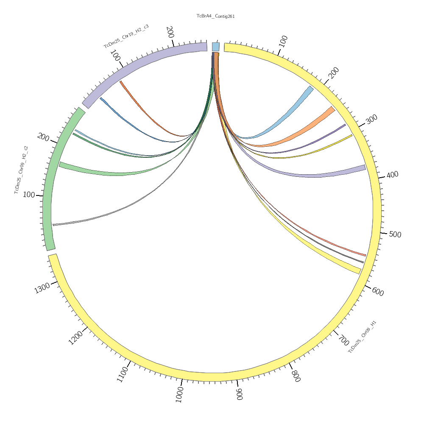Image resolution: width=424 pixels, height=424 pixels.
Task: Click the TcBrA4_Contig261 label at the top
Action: pyautogui.click(x=215, y=16)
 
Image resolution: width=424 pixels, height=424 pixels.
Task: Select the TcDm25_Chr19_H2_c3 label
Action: pyautogui.click(x=126, y=36)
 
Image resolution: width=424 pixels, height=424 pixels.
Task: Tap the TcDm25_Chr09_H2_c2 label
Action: pyautogui.click(x=21, y=170)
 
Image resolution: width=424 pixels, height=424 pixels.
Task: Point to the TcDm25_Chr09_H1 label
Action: pyautogui.click(x=362, y=337)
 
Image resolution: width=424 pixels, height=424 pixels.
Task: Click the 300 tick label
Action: pyautogui.click(x=371, y=119)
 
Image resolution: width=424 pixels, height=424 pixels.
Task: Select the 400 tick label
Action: pyautogui.click(x=393, y=174)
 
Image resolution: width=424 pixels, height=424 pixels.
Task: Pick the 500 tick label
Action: pyautogui.click(x=395, y=234)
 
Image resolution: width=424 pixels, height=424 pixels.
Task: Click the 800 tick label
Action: pyautogui.click(x=296, y=376)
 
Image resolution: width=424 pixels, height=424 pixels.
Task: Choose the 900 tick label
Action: pyautogui.click(x=239, y=394)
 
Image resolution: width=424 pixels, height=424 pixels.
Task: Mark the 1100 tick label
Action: pyautogui.click(x=122, y=374)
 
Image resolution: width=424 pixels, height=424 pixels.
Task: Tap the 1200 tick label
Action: pyautogui.click(x=76, y=338)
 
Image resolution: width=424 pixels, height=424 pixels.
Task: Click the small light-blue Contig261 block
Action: pyautogui.click(x=215, y=47)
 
